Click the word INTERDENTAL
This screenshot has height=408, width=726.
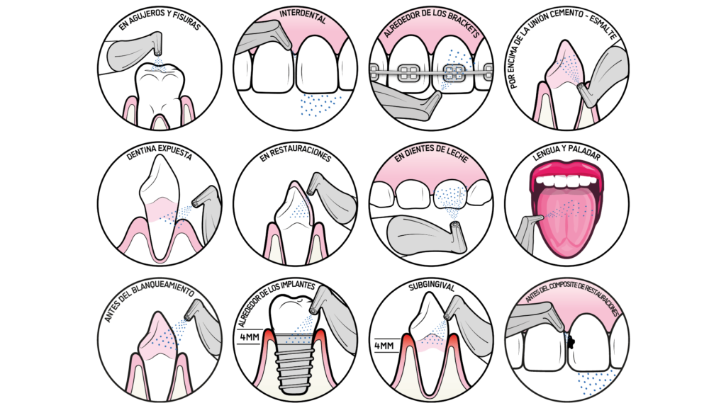302,17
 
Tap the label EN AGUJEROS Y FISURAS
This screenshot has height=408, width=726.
159,19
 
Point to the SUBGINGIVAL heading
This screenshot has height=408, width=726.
432,288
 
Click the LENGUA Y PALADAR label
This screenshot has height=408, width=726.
566,154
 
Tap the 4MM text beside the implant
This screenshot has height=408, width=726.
249,336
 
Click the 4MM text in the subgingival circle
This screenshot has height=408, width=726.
384,346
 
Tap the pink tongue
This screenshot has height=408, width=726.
566,222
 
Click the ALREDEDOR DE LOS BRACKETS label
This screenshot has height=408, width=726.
431,23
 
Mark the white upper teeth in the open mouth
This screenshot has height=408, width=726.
566,181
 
